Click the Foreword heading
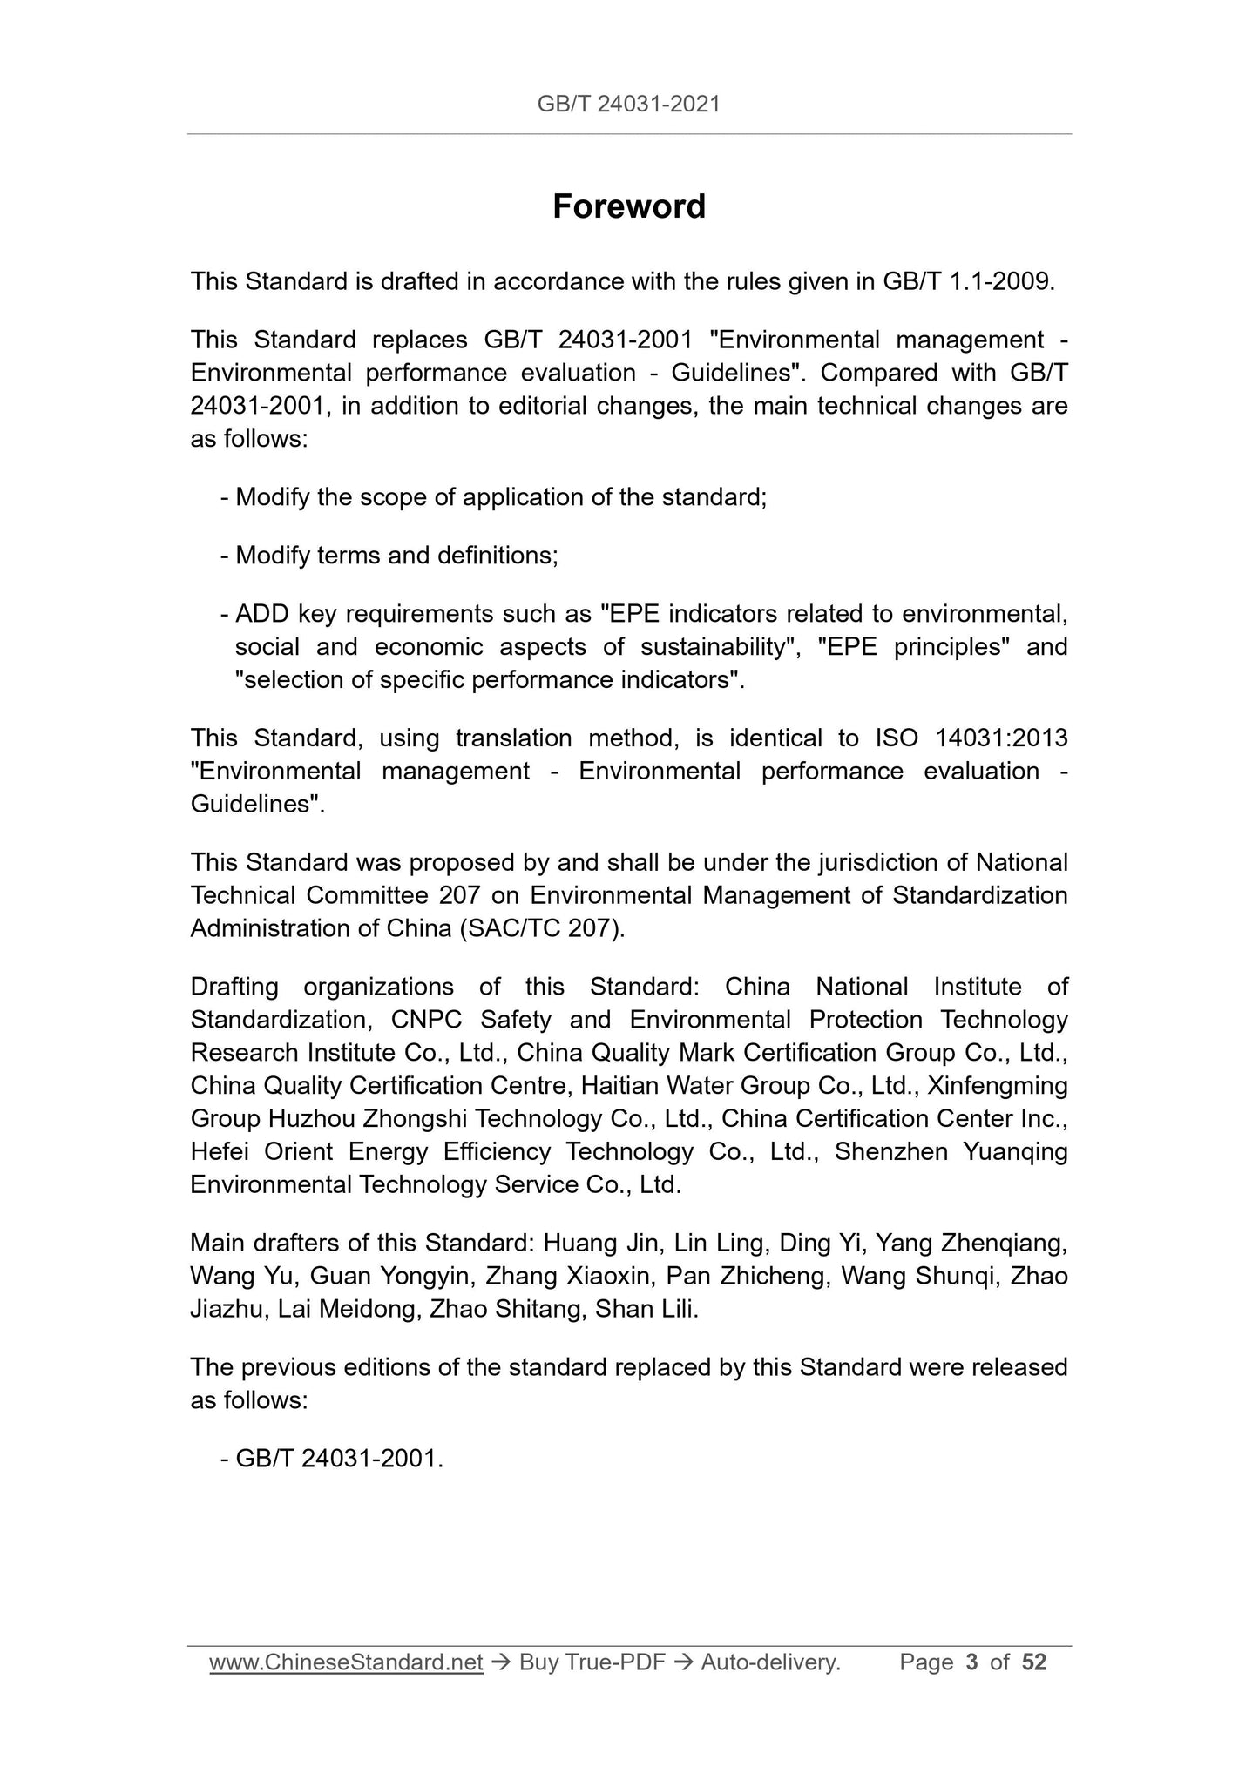coord(628,207)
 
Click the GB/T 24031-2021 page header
coord(628,105)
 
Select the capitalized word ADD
coord(262,614)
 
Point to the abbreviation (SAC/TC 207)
coord(540,928)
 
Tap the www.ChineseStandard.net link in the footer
coord(346,1662)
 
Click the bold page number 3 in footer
coord(971,1662)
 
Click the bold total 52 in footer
coord(1033,1662)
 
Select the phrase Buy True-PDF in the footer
coord(592,1662)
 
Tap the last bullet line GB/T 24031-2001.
coord(339,1459)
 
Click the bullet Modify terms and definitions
coord(396,556)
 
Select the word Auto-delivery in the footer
coord(770,1662)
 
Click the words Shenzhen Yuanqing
coord(951,1152)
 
